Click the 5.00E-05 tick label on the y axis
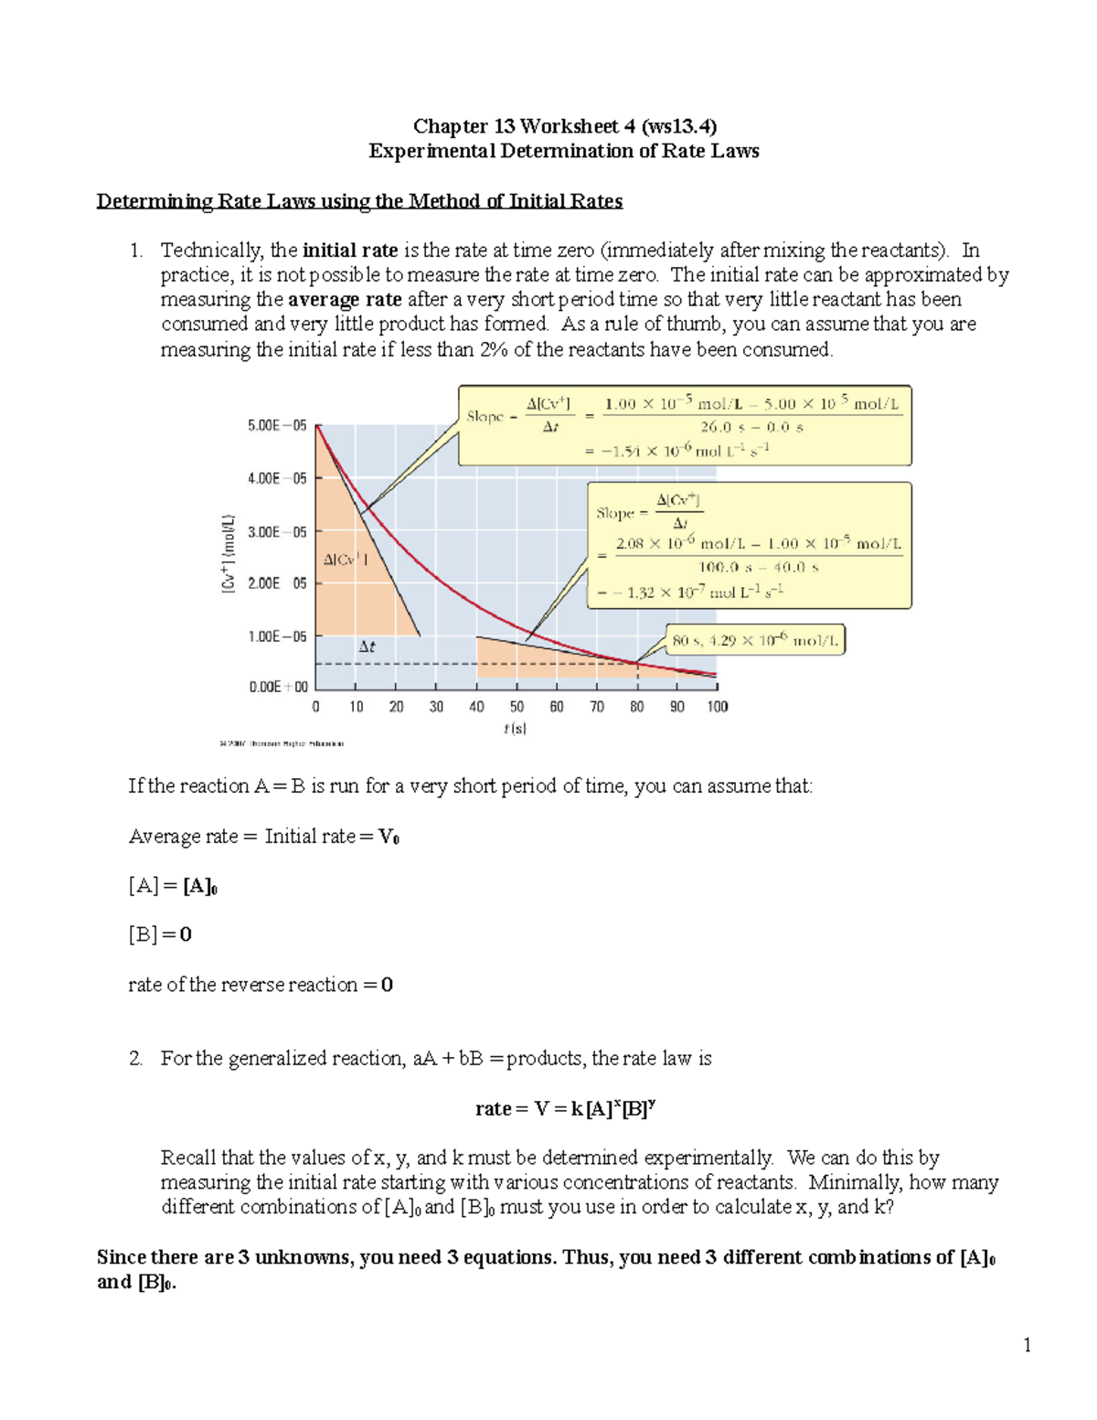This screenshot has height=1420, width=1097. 277,425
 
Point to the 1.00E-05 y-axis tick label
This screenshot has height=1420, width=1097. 277,636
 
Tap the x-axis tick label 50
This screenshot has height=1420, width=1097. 517,707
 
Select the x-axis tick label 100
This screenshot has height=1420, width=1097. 717,707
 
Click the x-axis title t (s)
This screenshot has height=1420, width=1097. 515,729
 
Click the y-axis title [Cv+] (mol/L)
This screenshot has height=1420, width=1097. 229,554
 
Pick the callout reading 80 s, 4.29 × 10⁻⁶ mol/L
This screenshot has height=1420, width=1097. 754,641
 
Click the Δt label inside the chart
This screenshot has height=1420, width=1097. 367,646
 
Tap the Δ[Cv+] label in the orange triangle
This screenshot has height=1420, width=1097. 346,560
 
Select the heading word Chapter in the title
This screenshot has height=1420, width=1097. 451,126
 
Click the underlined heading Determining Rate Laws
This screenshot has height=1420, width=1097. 359,201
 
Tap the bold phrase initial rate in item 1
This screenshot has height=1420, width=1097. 350,251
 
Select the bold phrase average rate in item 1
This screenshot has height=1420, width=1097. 345,300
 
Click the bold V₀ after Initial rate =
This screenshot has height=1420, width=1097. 389,837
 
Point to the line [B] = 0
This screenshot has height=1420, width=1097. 160,934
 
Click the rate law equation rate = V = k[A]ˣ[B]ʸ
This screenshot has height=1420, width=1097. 564,1109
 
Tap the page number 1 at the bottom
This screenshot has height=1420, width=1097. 1028,1344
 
